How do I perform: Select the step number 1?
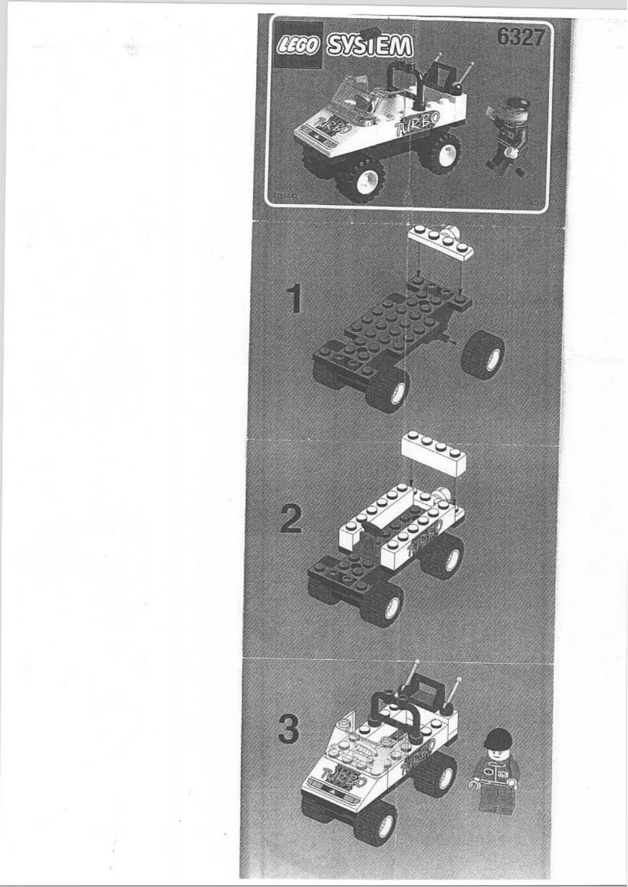[294, 298]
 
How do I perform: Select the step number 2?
[291, 519]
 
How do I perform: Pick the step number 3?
[289, 731]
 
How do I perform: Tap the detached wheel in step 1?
[482, 355]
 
